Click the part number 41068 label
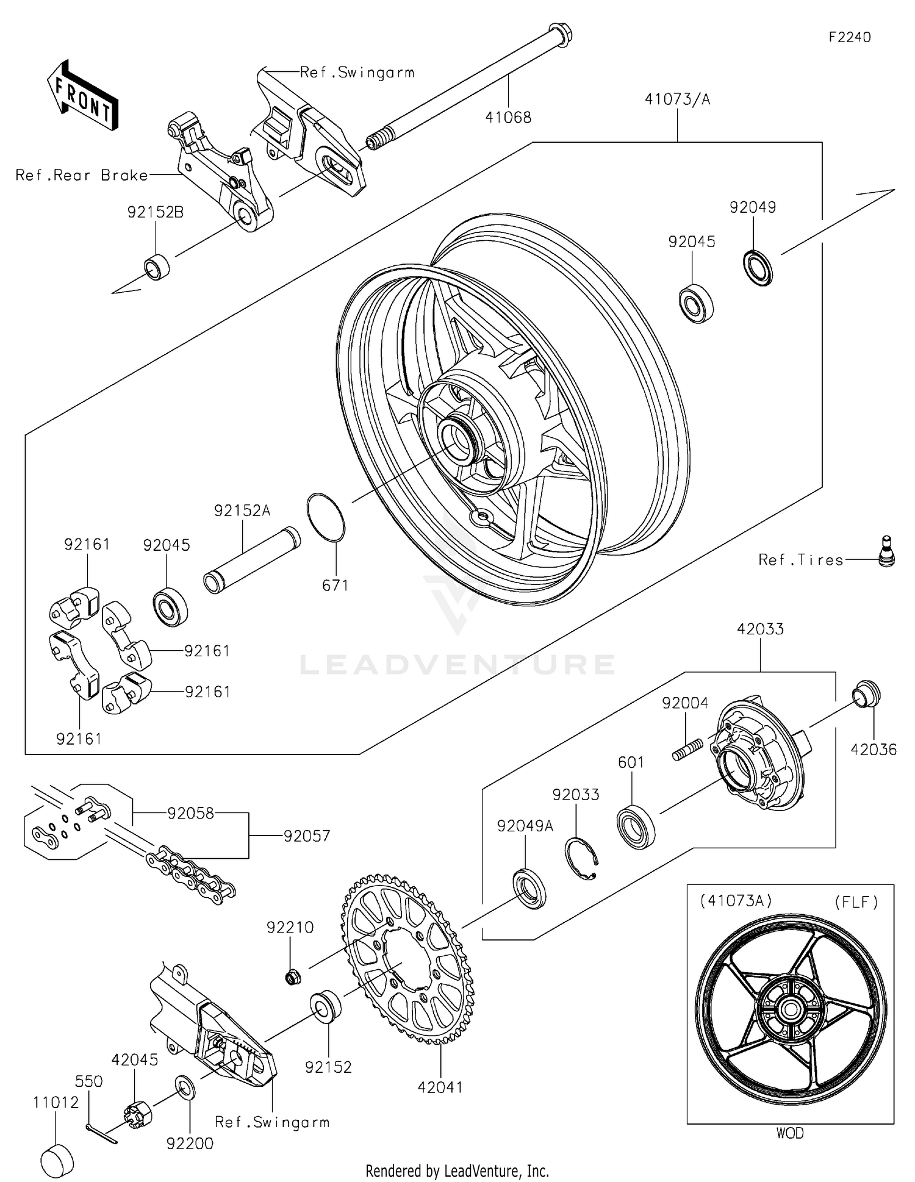click(508, 117)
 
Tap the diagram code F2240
click(849, 37)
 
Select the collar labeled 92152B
click(156, 267)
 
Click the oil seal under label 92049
click(758, 267)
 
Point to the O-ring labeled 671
click(326, 517)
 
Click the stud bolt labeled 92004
click(687, 749)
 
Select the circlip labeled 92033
click(581, 859)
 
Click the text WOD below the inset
click(789, 1133)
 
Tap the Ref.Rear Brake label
click(82, 176)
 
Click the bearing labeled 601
click(636, 827)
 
